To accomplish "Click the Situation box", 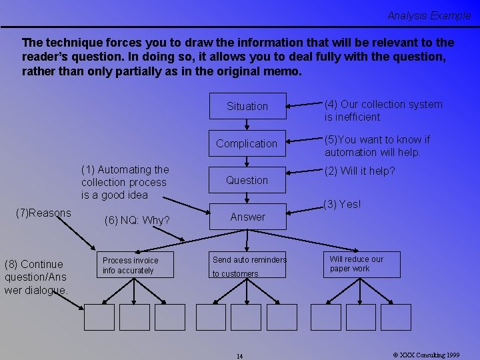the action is click(247, 106).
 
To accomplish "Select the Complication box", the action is click(247, 143).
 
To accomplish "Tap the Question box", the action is click(247, 180).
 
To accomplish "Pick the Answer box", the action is click(247, 217).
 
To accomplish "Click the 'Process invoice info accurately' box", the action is click(138, 265).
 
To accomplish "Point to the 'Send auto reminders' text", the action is click(249, 259).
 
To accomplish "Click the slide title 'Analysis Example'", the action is click(429, 15).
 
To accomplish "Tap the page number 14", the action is click(240, 356).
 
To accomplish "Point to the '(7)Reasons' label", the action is click(43, 213).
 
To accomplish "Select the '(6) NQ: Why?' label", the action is click(137, 220).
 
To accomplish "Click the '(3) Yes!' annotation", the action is click(341, 205).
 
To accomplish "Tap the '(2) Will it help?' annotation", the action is click(359, 171).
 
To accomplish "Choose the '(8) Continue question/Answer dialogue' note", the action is click(35, 277).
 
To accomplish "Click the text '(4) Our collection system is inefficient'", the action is click(383, 111).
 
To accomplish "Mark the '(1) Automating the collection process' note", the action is click(125, 182).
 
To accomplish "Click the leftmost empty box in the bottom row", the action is click(99, 317).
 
